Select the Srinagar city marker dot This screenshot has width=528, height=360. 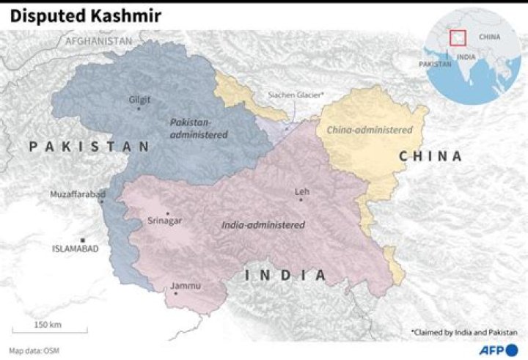coord(168,214)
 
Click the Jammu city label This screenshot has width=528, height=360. coord(184,285)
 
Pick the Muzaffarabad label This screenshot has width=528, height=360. coord(77,194)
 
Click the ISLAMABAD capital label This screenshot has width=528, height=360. coord(74,249)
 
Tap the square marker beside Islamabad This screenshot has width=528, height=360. coord(83,240)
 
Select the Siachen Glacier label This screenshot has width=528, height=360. coord(296,95)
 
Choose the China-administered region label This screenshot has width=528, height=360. coord(370,130)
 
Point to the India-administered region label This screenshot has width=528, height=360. coord(263,225)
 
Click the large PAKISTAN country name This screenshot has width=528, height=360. coord(89,147)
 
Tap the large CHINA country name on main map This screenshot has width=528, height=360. coord(430,156)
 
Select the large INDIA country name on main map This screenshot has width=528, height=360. coord(285,275)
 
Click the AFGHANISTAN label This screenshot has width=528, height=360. coord(98,42)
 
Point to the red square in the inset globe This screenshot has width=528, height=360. coord(458,37)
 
